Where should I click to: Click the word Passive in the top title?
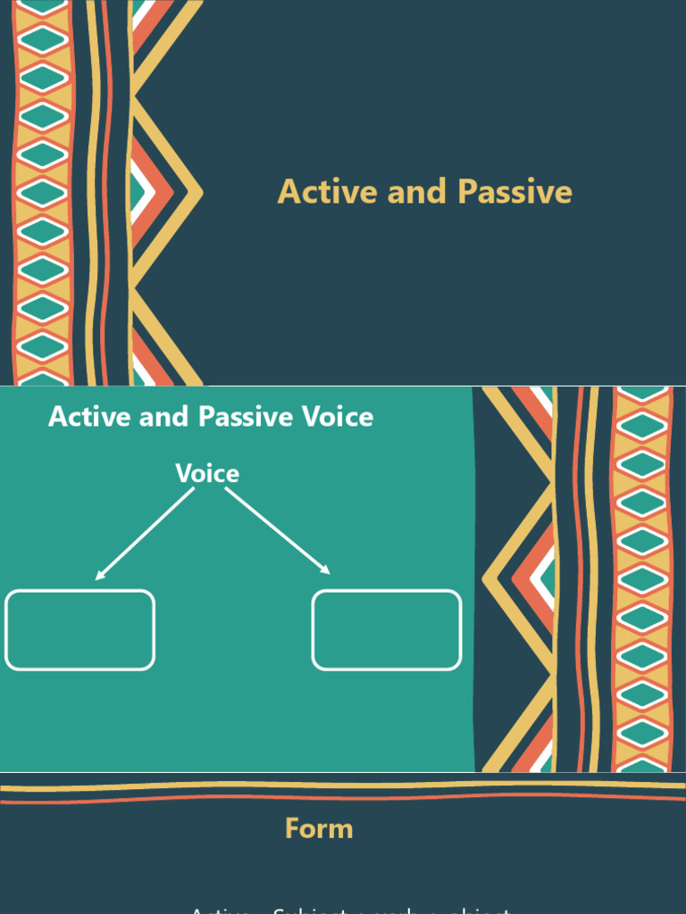coord(514,192)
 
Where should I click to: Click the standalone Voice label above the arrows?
coord(207,473)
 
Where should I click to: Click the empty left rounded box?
coord(80,629)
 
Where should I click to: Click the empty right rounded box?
coord(387,629)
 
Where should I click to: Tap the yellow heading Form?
coord(319,828)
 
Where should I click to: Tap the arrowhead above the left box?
coord(99,576)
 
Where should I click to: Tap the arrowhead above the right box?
coord(327,570)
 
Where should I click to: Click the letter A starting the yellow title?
coord(288,192)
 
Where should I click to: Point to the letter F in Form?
coord(291,828)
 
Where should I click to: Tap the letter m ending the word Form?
coord(342,830)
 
